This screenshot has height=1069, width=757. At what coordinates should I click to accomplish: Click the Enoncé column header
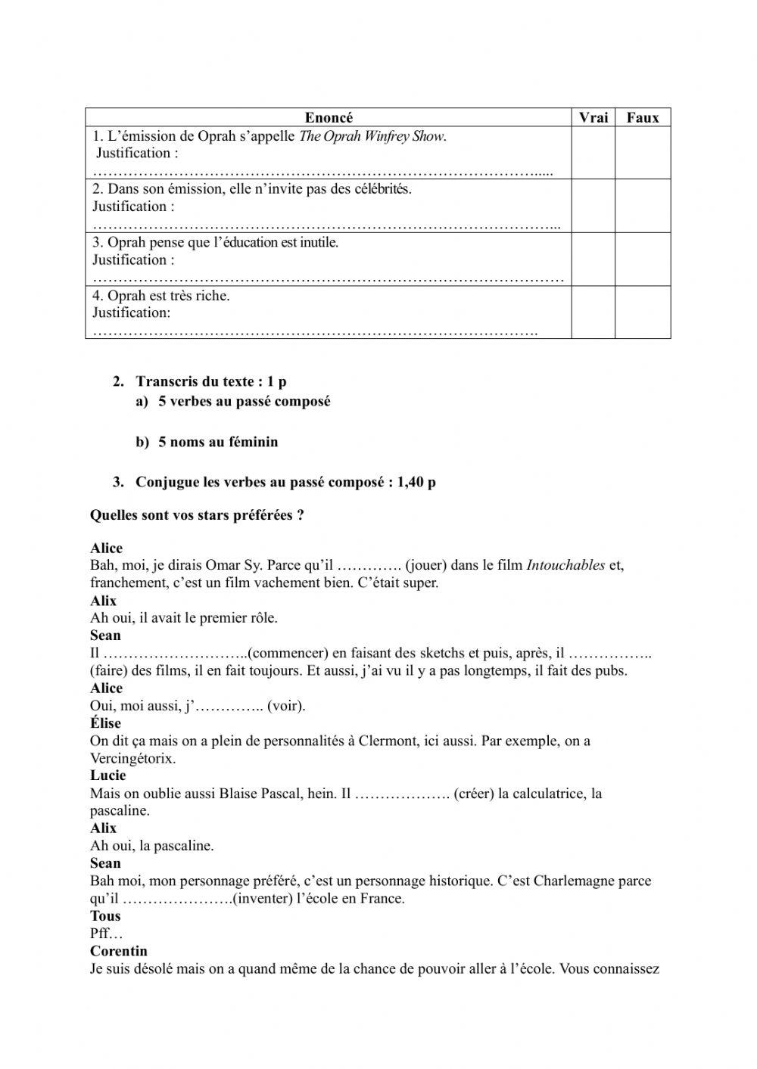click(329, 117)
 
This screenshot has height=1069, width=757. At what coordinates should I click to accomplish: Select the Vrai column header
click(593, 117)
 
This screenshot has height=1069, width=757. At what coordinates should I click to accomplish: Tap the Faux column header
click(643, 117)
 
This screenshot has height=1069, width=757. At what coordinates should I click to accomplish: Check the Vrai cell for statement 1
click(593, 153)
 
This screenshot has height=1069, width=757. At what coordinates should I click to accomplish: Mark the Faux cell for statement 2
click(643, 206)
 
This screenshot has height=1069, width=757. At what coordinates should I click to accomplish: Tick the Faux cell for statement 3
click(643, 259)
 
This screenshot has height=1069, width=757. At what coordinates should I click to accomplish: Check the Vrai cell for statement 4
click(593, 312)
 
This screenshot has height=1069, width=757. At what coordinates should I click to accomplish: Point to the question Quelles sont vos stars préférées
click(197, 515)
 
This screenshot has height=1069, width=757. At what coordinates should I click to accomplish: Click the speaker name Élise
click(105, 723)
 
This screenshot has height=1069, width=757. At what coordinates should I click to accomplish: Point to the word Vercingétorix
click(132, 758)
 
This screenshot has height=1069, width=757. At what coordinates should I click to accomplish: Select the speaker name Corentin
click(119, 951)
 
